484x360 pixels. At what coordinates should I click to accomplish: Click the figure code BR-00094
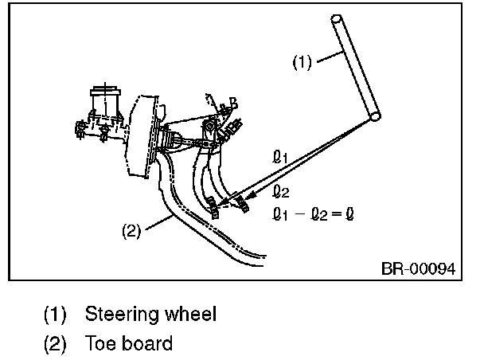pyautogui.click(x=417, y=268)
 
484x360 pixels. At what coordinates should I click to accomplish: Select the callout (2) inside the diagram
pyautogui.click(x=131, y=232)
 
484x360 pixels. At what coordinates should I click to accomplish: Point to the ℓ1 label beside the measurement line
pyautogui.click(x=279, y=159)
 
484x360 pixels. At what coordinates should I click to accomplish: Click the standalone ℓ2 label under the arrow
pyautogui.click(x=279, y=190)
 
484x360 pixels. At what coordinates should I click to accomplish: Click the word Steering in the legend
pyautogui.click(x=118, y=315)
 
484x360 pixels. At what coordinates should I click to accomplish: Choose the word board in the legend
pyautogui.click(x=146, y=344)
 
